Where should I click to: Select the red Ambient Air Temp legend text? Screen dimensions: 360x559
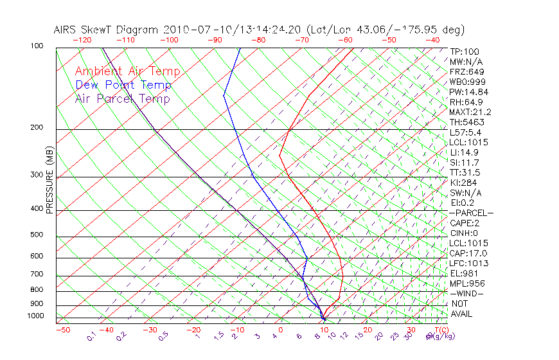[127, 71]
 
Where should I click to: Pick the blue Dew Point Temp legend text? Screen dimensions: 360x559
[123, 85]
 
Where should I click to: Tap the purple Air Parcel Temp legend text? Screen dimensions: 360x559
[122, 98]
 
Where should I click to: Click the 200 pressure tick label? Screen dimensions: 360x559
[37, 127]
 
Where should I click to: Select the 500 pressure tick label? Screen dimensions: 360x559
[37, 235]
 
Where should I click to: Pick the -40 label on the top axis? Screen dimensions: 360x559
[432, 40]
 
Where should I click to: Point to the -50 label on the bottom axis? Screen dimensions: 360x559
[62, 330]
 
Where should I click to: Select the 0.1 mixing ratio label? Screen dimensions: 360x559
[92, 336]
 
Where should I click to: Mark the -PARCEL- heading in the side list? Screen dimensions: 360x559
[471, 213]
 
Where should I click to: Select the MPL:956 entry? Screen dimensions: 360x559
[466, 283]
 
